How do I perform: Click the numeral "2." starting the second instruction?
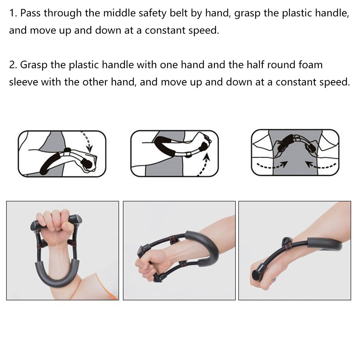point(13,65)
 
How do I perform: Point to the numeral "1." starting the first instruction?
point(13,13)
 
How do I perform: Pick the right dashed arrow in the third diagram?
point(319,164)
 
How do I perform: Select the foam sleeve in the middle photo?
point(205,244)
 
